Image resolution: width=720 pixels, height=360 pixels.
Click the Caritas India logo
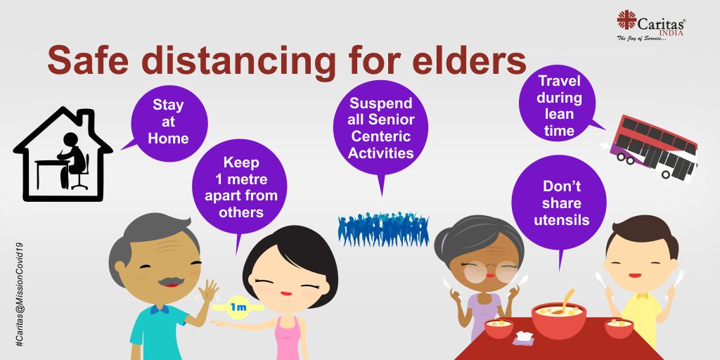(x=650, y=26)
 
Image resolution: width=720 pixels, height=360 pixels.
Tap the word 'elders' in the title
(x=469, y=61)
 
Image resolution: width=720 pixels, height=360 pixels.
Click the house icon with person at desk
(x=63, y=154)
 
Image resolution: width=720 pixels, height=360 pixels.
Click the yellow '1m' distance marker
(x=238, y=307)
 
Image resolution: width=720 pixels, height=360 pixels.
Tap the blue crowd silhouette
(x=383, y=229)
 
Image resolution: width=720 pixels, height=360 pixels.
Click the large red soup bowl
(x=558, y=320)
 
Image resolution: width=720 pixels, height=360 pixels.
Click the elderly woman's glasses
(x=490, y=271)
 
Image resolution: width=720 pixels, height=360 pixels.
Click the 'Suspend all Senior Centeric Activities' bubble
(x=380, y=129)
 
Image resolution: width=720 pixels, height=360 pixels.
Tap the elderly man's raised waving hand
(x=208, y=291)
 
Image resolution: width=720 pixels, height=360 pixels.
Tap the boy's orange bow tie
(x=643, y=296)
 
